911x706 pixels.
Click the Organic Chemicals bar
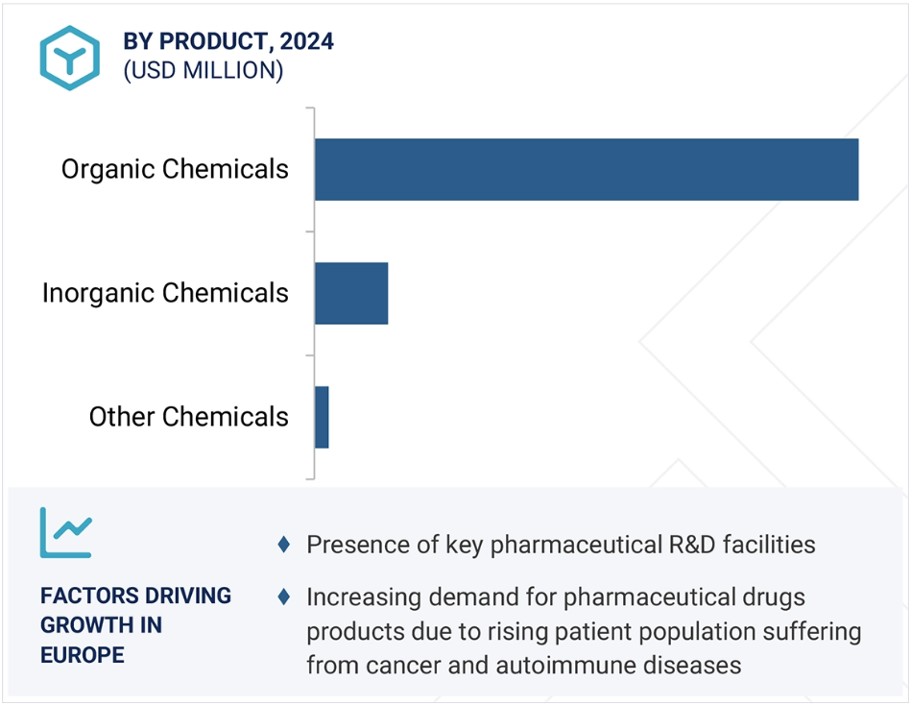[x=587, y=169]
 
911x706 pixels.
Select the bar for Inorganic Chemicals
[x=351, y=293]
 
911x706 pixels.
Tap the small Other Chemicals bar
[x=322, y=417]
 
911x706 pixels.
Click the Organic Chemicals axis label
[x=175, y=170]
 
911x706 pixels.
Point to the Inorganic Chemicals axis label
[x=165, y=293]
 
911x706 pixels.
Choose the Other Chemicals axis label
[x=189, y=416]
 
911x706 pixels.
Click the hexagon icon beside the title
[x=70, y=58]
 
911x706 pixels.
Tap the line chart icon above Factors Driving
[x=65, y=533]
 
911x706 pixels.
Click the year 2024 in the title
[x=307, y=41]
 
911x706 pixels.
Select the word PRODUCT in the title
[x=213, y=41]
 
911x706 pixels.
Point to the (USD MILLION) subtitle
[x=204, y=70]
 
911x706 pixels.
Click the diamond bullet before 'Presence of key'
[x=284, y=545]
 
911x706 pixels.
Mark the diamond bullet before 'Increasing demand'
[x=284, y=596]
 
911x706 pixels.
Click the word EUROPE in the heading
[x=83, y=655]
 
